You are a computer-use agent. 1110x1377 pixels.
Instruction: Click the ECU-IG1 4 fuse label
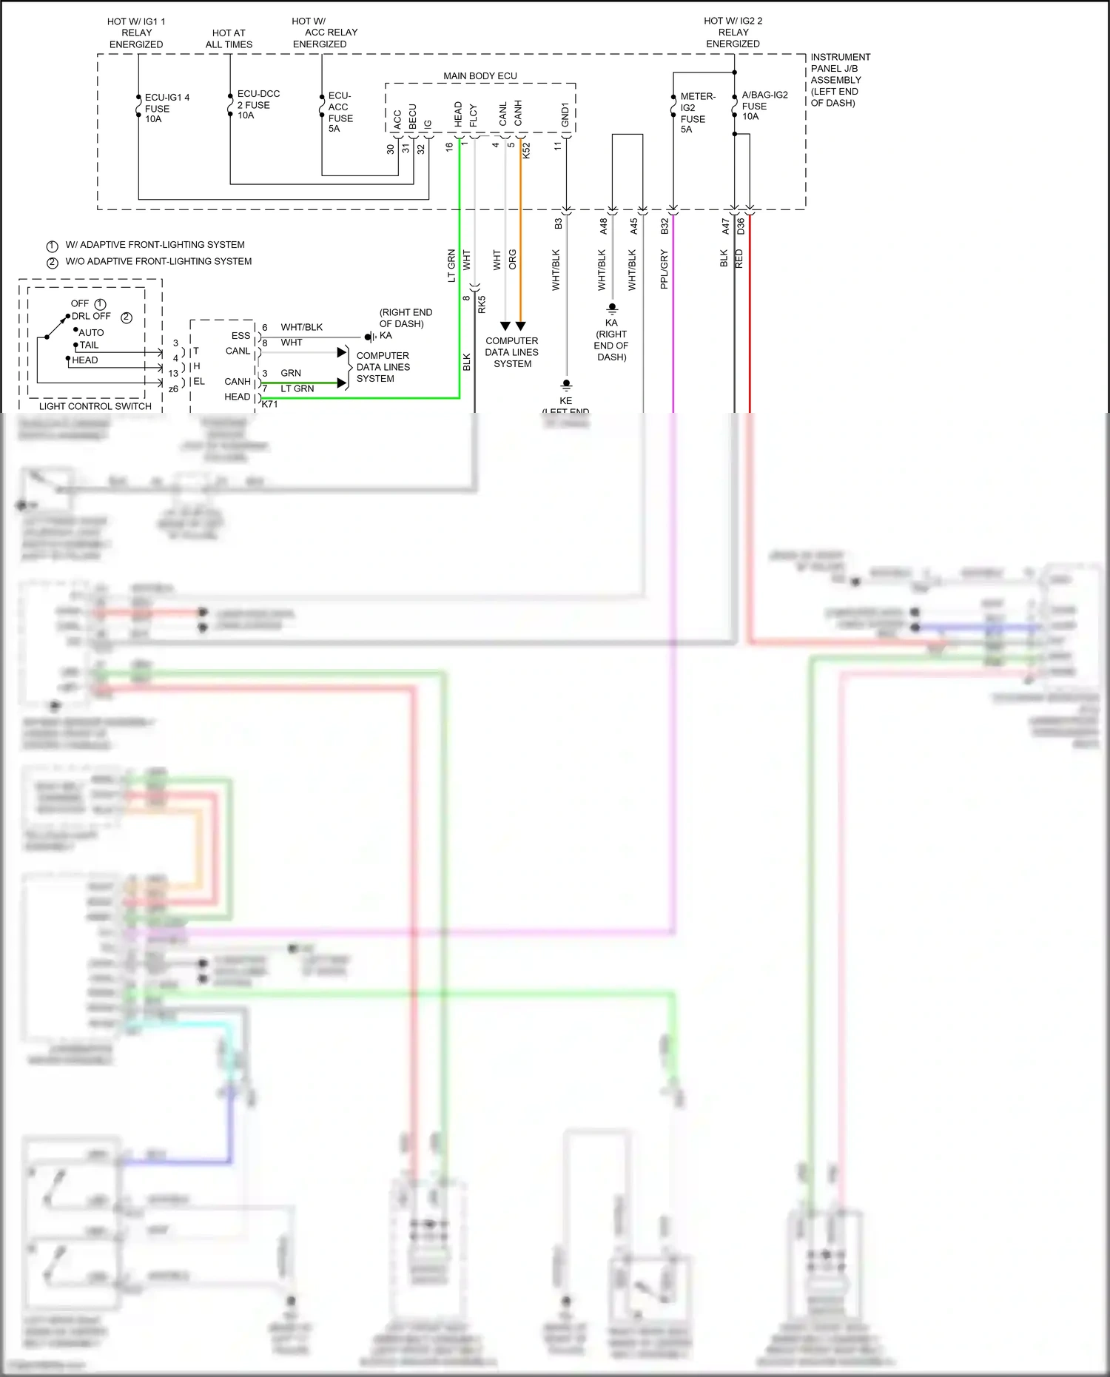coord(166,108)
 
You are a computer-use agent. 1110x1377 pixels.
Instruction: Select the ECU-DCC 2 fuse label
coord(258,104)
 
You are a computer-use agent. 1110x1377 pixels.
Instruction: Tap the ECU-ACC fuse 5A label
coord(340,112)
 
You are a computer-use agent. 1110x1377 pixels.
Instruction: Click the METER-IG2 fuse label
coord(697,112)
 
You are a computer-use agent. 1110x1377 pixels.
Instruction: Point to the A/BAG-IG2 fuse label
coord(764,105)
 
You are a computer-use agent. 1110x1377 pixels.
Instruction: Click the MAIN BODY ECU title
coord(480,75)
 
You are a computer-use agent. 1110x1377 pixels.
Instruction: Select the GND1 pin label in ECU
coord(565,115)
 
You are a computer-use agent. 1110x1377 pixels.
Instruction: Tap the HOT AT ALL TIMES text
coord(229,38)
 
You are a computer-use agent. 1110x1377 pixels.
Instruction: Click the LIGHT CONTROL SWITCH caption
coord(95,406)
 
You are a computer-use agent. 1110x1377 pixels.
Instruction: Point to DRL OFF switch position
coord(91,316)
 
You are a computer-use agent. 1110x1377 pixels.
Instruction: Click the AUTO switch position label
coord(91,332)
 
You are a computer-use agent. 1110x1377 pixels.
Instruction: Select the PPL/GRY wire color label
coord(664,269)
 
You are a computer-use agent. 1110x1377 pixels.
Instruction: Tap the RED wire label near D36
coord(739,258)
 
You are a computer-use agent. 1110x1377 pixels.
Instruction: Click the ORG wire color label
coord(512,259)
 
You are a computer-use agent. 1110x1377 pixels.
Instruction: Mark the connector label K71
coord(269,404)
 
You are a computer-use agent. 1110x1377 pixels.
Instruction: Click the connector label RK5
coord(482,304)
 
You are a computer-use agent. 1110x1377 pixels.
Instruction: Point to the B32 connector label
coord(664,226)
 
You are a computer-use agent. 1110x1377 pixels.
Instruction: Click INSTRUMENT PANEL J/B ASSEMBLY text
coord(840,79)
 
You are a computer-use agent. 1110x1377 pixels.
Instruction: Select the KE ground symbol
coord(566,386)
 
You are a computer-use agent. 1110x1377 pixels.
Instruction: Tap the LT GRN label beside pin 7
coord(297,388)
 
